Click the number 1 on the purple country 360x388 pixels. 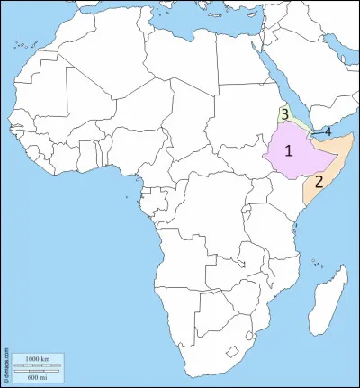289,150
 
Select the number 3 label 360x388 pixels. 284,114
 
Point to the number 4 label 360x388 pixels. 328,131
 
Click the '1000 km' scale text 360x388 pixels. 37,358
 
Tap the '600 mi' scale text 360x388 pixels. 37,372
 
